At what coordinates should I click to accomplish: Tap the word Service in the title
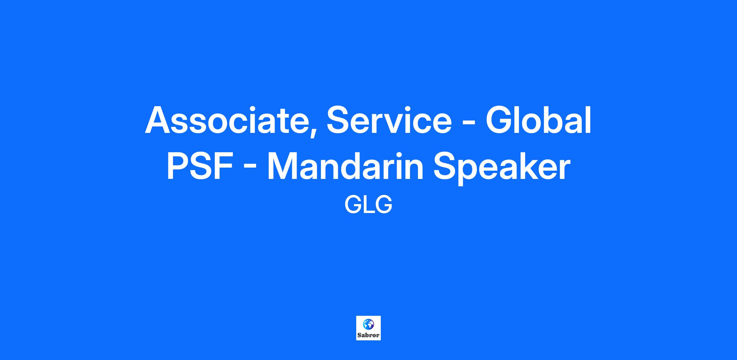click(x=389, y=120)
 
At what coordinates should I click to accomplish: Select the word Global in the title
click(x=538, y=120)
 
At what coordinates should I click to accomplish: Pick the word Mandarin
click(x=345, y=166)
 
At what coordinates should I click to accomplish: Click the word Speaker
click(x=502, y=168)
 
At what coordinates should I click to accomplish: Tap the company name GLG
click(x=368, y=205)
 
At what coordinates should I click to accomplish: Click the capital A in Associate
click(x=158, y=120)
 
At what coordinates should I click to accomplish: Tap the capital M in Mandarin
click(x=283, y=166)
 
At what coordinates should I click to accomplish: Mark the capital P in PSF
click(x=178, y=166)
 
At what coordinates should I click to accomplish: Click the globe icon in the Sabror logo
click(x=368, y=324)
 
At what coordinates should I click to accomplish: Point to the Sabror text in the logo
click(x=368, y=335)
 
